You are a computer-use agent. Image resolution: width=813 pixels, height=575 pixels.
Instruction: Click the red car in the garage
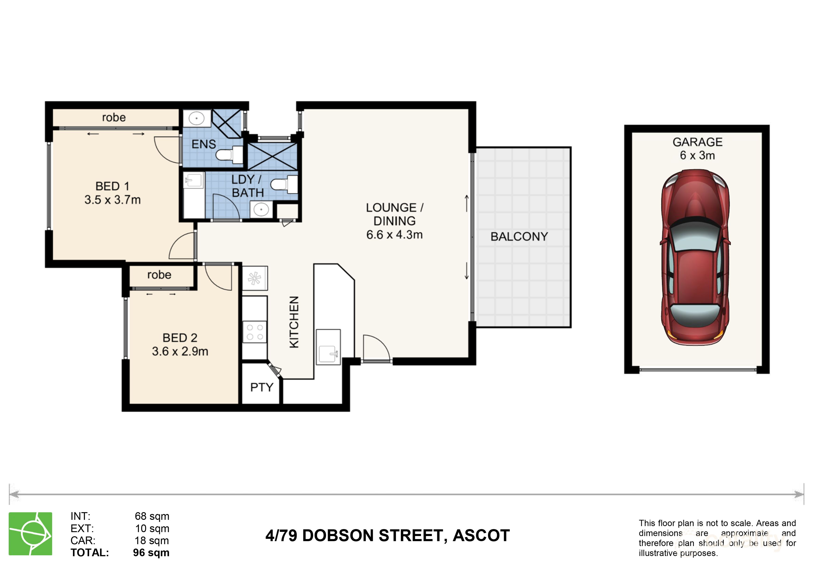pos(695,257)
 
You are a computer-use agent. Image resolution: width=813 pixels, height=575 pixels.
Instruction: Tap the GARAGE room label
pos(697,142)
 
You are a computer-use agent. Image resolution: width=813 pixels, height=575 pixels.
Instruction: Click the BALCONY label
pos(519,237)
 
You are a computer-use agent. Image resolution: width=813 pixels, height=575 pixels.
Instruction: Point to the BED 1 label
pos(112,186)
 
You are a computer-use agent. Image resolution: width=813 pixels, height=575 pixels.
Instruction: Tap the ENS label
pos(204,144)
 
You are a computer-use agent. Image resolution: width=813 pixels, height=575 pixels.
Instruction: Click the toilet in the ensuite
pos(227,155)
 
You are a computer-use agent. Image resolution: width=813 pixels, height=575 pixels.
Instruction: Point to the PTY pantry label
pos(262,387)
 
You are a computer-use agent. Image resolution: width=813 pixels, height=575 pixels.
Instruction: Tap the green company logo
pos(30,534)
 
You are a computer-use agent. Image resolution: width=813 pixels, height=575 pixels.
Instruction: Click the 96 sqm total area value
pos(151,553)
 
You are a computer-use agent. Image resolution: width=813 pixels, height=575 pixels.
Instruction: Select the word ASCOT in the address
pos(481,536)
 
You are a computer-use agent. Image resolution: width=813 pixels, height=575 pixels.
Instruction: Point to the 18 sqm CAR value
pos(152,541)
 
